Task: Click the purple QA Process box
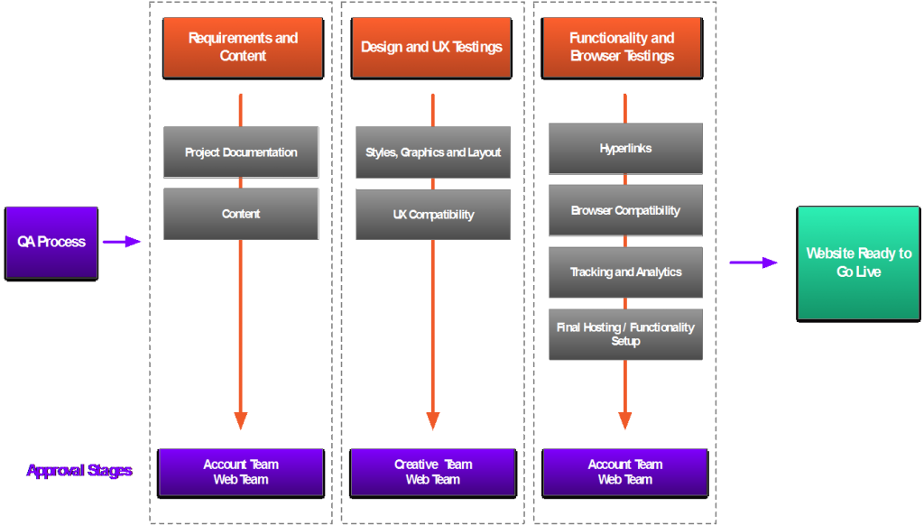[x=51, y=242]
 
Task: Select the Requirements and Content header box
[x=243, y=47]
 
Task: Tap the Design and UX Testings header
[x=431, y=47]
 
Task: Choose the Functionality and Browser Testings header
[x=622, y=47]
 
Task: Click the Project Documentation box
[x=241, y=152]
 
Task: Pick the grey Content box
[x=241, y=214]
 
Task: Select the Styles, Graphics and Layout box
[x=433, y=152]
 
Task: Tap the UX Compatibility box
[x=433, y=215]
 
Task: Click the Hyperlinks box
[x=625, y=149]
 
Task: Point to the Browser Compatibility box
[x=625, y=210]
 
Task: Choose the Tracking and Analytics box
[x=625, y=272]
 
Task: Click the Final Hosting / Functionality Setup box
[x=625, y=334]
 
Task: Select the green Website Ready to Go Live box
[x=859, y=262]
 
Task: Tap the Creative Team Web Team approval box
[x=433, y=472]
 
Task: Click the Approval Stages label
[x=79, y=471]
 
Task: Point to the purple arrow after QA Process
[x=122, y=242]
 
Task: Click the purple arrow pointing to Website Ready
[x=753, y=262]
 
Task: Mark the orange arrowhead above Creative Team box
[x=433, y=420]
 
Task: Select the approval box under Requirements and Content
[x=241, y=472]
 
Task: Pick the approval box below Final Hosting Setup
[x=625, y=472]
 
